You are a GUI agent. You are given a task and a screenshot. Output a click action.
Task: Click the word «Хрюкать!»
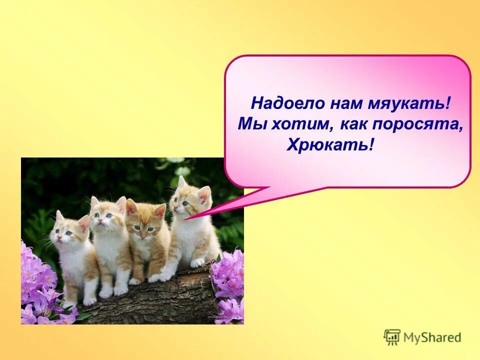coord(330,145)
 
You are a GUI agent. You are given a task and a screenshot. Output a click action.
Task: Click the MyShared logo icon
coord(392,337)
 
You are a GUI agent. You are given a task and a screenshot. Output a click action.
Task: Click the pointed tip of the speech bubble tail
coord(186,219)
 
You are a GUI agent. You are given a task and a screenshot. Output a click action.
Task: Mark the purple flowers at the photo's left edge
coord(37,285)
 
